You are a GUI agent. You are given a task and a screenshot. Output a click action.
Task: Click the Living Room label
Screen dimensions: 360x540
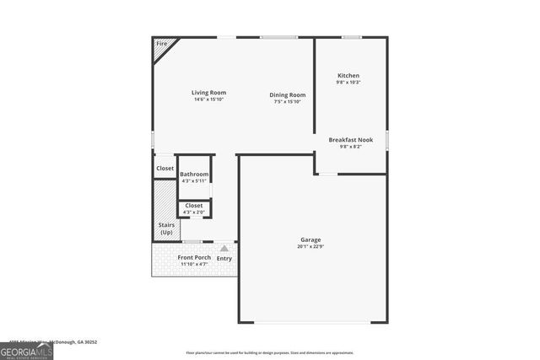208,93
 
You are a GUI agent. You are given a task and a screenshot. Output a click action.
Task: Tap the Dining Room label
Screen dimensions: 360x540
287,95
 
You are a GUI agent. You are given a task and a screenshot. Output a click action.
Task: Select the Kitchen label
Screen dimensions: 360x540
348,76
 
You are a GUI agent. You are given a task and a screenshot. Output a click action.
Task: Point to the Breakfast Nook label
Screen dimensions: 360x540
350,140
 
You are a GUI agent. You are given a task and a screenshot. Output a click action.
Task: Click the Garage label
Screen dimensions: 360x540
310,240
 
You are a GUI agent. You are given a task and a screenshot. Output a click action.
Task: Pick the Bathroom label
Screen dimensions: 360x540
194,175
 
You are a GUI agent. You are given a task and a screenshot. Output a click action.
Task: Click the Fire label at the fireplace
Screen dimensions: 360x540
161,43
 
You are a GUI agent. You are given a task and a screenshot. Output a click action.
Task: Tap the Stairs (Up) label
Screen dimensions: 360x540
165,228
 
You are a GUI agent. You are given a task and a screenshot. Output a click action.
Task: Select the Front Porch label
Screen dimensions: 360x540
194,257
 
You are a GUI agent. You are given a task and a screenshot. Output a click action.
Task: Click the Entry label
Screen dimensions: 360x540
224,259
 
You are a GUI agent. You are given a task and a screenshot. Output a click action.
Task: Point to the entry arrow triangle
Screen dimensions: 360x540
224,249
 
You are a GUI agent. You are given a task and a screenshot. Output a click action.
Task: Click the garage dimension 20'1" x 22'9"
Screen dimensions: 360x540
310,247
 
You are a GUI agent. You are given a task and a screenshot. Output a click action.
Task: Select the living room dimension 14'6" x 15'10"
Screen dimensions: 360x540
208,99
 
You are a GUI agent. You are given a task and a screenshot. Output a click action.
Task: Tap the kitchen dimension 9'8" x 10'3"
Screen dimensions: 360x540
348,83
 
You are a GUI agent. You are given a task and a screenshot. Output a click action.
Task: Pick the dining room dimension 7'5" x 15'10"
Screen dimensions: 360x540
287,102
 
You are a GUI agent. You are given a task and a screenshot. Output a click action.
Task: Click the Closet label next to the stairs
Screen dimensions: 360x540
165,169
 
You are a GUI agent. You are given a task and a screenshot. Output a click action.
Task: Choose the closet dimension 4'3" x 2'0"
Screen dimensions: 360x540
194,212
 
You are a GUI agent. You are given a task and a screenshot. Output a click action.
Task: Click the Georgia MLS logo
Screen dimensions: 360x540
26,351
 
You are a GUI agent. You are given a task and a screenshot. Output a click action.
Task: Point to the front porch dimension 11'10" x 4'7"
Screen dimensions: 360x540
194,264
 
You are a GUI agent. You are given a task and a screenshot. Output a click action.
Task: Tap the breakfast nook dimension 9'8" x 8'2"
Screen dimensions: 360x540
350,147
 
